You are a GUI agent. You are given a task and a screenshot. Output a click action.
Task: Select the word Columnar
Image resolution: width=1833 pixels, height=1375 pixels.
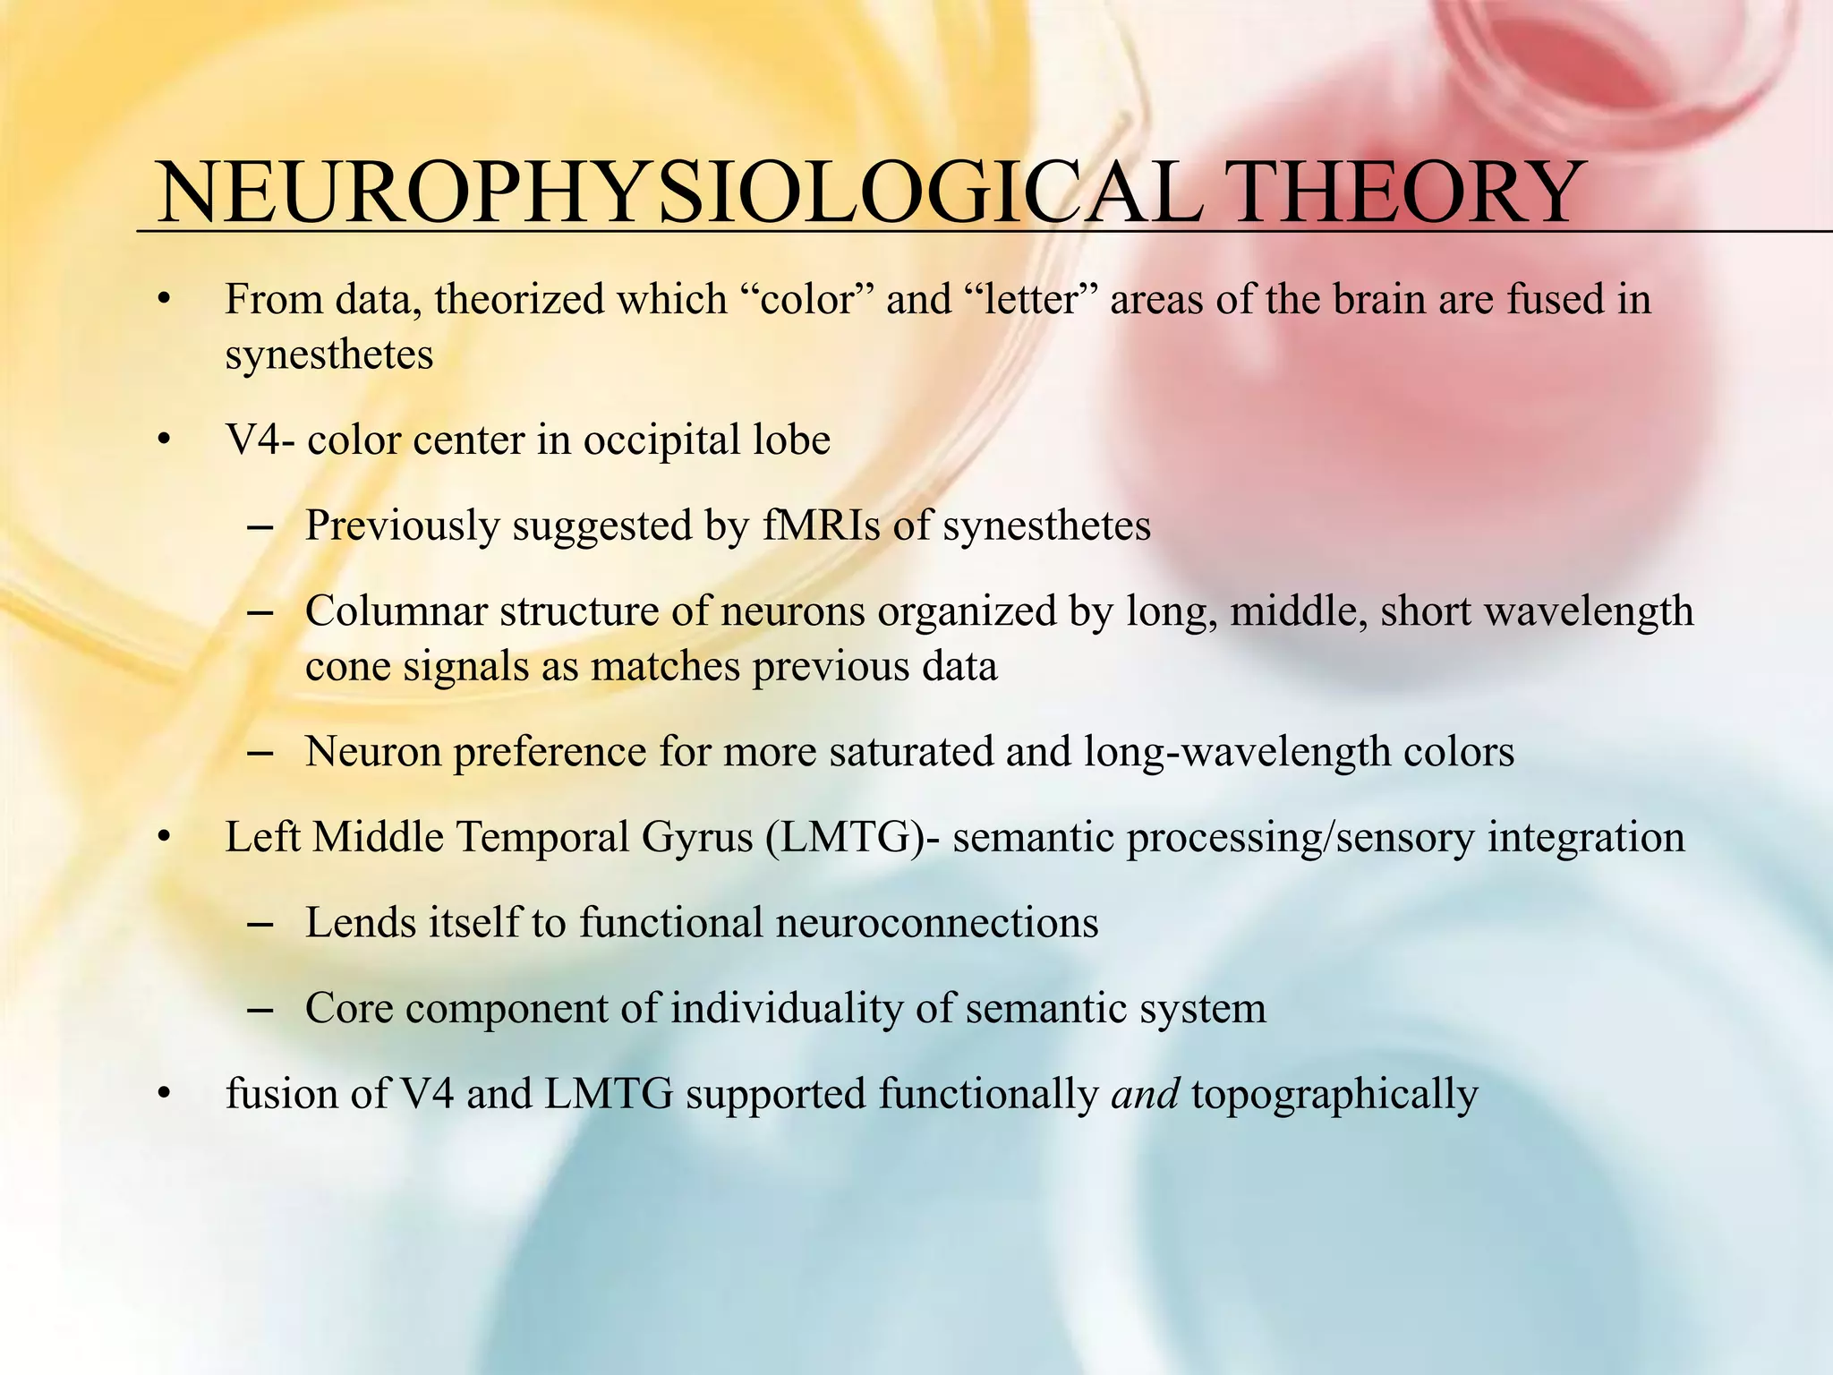pos(396,611)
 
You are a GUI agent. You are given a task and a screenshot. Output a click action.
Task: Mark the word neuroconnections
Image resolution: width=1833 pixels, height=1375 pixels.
pos(937,923)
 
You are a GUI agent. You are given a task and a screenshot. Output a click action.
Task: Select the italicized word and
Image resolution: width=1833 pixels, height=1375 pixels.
pos(1145,1095)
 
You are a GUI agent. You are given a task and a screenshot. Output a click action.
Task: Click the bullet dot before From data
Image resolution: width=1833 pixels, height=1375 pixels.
pos(162,301)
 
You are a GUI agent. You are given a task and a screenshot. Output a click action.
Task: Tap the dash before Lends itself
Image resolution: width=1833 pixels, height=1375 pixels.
pos(259,925)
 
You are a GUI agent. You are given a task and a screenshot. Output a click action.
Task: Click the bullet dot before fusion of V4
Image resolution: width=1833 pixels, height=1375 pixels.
pos(162,1096)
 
